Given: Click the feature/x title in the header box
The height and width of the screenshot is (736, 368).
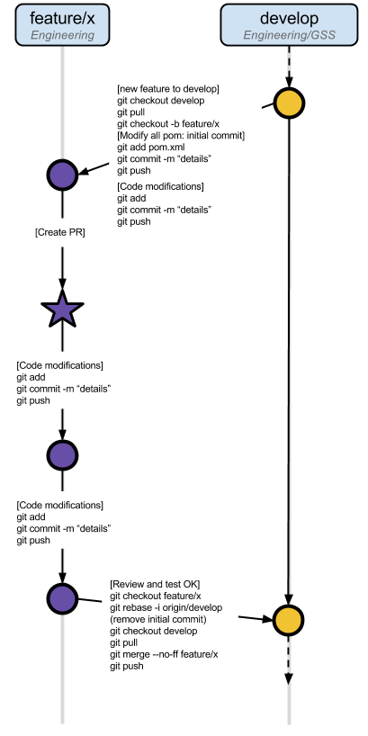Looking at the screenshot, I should [x=62, y=17].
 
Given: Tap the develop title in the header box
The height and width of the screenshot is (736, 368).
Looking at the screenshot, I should [x=288, y=17].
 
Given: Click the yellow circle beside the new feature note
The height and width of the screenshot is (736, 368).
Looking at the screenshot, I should [x=288, y=103].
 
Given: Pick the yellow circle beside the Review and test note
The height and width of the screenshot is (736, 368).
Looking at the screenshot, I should [x=288, y=620].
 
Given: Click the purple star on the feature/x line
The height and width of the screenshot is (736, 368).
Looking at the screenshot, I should [x=62, y=310].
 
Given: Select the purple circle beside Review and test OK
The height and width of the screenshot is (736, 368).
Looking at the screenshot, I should [x=62, y=598].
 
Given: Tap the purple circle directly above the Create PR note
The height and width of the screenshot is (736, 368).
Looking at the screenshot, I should [x=62, y=175].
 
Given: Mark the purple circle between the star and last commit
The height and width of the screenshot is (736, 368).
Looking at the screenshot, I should [x=62, y=455].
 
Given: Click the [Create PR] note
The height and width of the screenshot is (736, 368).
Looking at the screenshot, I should [x=59, y=232].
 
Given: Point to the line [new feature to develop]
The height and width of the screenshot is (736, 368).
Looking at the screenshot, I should [x=168, y=88].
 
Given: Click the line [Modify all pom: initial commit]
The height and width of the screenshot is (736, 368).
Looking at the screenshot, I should [x=181, y=135].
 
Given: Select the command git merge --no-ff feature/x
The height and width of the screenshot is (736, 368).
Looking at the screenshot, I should [x=164, y=654].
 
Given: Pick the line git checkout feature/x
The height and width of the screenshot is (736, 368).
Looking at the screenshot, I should [x=155, y=596].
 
